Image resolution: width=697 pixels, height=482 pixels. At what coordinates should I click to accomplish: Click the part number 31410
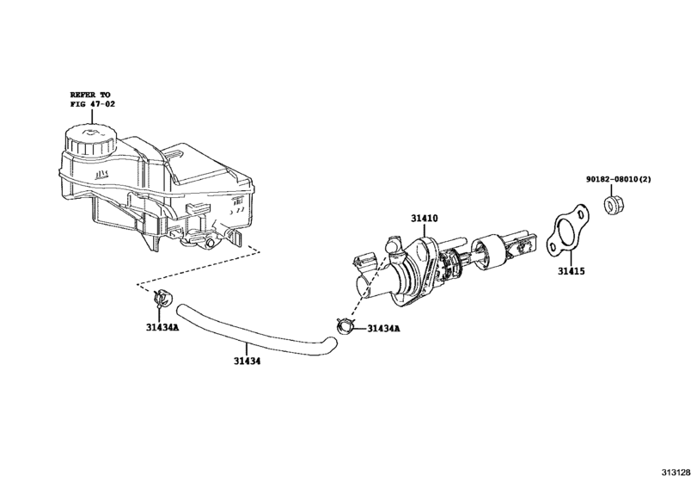click(x=424, y=219)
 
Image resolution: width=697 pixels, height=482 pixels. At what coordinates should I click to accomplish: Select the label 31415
click(x=570, y=270)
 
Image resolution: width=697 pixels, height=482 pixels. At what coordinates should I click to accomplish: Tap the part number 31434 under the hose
click(x=248, y=361)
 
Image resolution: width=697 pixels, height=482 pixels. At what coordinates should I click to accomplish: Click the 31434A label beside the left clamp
click(x=162, y=327)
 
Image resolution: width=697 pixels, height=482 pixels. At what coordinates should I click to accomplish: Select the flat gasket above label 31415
click(x=566, y=232)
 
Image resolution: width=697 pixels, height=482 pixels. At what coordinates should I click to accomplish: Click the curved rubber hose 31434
click(x=249, y=331)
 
